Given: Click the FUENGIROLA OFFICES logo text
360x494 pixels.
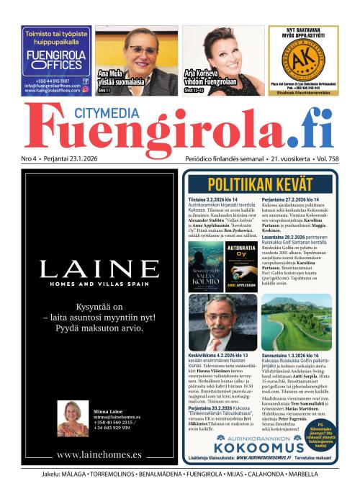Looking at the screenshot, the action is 55,59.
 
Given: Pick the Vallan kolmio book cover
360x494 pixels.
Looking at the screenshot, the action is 205,266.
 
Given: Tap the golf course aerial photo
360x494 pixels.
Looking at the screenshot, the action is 296,322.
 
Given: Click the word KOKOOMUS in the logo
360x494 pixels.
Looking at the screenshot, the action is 267,446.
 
